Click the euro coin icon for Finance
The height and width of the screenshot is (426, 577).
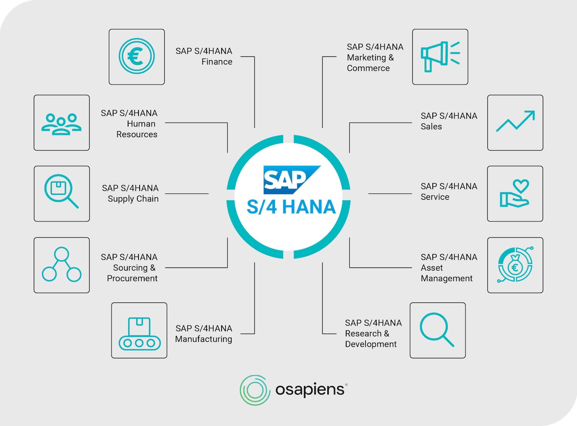point(137,57)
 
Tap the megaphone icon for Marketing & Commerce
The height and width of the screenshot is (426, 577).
point(440,57)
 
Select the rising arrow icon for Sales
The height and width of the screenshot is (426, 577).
point(515,122)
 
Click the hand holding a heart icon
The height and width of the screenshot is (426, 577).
point(515,193)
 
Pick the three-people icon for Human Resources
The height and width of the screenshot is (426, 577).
point(62,123)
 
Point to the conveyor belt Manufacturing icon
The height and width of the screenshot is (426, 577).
point(139,333)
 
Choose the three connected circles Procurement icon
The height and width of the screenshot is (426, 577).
point(62,265)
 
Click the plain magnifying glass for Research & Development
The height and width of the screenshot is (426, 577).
point(437,330)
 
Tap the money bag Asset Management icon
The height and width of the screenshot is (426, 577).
point(515,265)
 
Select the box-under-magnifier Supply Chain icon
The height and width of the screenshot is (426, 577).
point(61,191)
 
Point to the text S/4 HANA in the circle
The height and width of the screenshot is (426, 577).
point(291,207)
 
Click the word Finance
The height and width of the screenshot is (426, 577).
point(217,62)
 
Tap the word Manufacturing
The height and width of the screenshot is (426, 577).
point(203,339)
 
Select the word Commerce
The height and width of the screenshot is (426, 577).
point(368,68)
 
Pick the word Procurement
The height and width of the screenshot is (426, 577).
point(132,278)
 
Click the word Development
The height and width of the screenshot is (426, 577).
point(370,344)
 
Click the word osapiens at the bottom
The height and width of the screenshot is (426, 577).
point(310,390)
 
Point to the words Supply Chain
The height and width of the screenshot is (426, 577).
point(133,199)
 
